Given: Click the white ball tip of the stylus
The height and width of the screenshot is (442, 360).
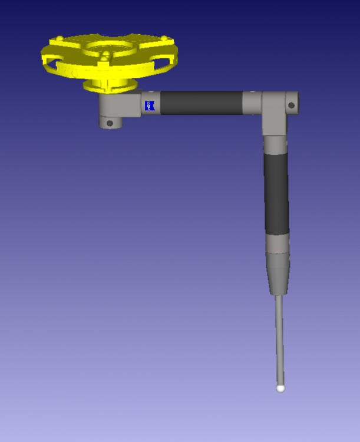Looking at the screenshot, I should [281, 388].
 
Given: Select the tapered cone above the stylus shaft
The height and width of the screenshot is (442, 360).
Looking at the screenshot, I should [277, 274].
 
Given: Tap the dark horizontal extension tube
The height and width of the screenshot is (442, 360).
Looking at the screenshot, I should [200, 103].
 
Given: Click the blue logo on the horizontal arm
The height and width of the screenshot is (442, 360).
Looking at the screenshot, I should [150, 105].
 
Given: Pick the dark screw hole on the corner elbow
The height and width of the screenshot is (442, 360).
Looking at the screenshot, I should [290, 105].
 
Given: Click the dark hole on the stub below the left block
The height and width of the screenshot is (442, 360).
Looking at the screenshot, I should [110, 123].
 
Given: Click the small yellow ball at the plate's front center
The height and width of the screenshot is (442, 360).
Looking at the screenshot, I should [105, 55].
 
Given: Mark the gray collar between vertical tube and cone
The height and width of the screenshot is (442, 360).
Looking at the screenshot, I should [277, 243].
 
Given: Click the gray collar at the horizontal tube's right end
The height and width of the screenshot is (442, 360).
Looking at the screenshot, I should [252, 103].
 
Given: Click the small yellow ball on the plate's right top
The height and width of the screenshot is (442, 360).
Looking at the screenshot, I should [163, 39].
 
